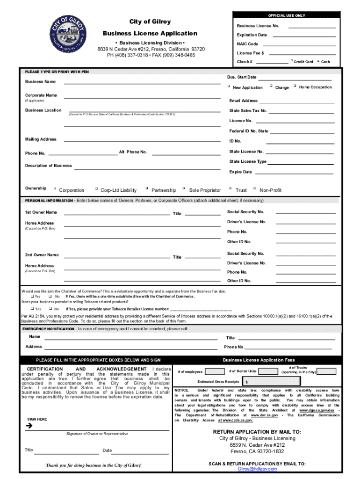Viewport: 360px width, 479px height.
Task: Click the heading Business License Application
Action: (150, 33)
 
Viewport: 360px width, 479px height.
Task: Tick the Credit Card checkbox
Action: (291, 61)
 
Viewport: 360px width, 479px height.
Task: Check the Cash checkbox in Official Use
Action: (318, 61)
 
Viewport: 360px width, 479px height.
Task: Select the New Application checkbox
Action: (229, 86)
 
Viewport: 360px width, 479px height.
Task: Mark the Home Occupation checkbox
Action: (295, 86)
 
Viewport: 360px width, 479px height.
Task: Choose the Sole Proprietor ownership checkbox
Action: (185, 189)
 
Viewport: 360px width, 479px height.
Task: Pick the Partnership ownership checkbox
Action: (147, 189)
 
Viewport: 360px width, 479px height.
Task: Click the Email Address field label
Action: (243, 101)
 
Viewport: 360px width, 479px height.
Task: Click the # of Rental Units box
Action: (268, 371)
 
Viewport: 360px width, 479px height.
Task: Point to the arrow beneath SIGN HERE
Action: (30, 426)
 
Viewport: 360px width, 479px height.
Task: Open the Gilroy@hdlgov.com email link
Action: (257, 469)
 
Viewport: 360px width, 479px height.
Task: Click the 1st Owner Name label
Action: (41, 212)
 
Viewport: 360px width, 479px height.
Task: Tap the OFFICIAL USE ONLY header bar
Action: (287, 15)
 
